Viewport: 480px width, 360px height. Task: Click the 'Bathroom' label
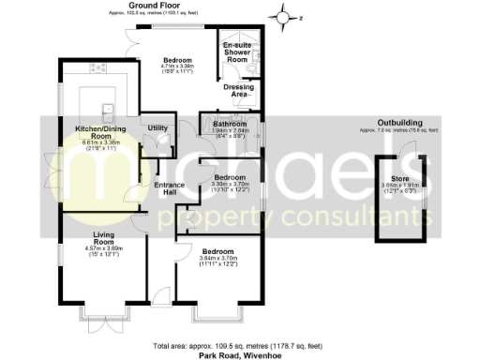(229, 124)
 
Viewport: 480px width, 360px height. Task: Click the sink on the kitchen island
(107, 111)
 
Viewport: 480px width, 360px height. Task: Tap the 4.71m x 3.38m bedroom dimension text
(177, 67)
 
